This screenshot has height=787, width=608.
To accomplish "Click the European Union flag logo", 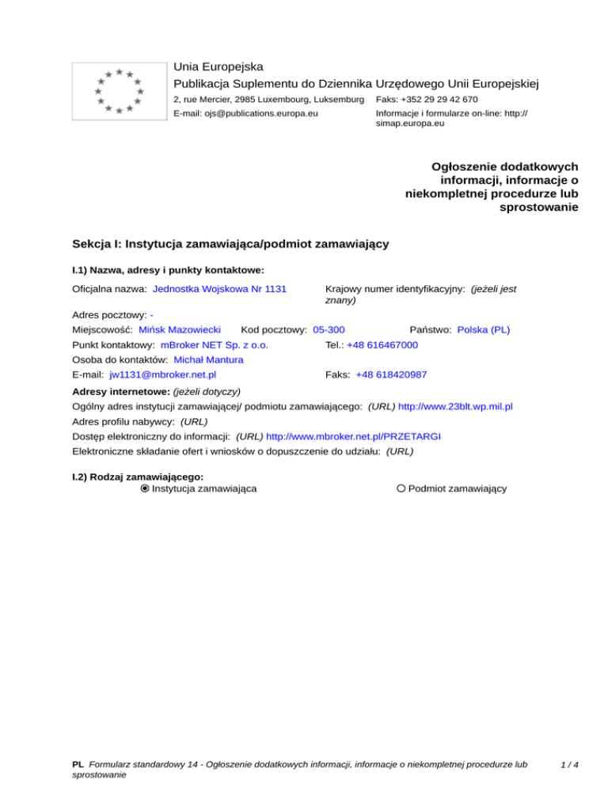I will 118,91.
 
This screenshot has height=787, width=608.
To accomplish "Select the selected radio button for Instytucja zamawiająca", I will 144,489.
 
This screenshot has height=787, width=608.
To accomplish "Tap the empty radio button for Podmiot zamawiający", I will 401,489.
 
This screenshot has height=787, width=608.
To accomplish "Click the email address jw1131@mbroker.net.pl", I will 163,374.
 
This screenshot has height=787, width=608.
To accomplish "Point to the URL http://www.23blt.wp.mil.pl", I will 455,406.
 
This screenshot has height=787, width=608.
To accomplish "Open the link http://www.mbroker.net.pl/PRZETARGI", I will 353,435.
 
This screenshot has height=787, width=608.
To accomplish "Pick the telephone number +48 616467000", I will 382,345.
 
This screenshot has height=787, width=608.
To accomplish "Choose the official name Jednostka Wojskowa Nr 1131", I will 219,290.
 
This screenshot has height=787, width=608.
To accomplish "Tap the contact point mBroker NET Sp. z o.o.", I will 214,345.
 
